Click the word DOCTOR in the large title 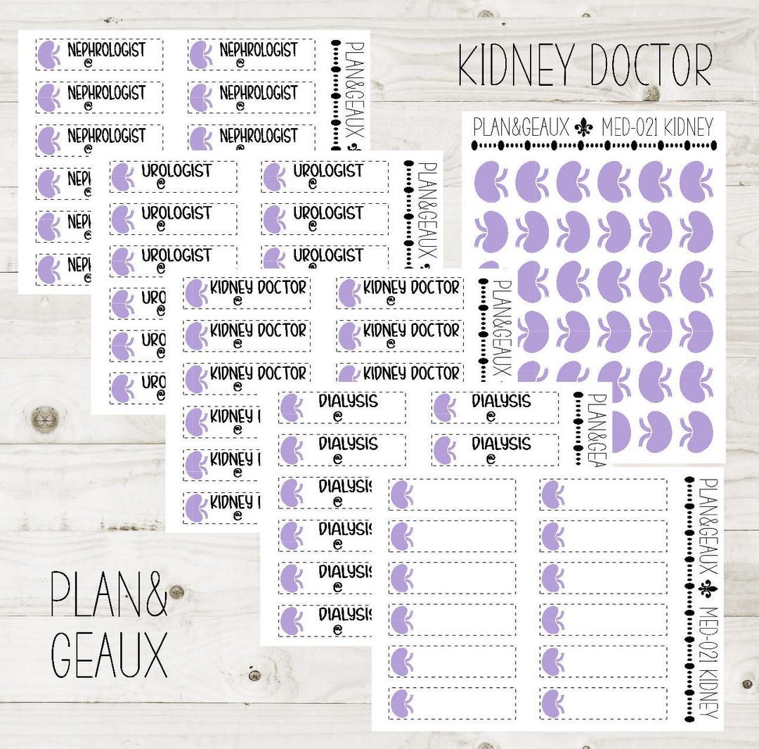point(651,66)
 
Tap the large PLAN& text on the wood point(109,592)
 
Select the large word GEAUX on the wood point(109,653)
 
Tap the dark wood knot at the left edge point(46,419)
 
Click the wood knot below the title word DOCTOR point(651,94)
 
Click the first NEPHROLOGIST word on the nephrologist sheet point(106,50)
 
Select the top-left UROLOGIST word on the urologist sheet point(176,171)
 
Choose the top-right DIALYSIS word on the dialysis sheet point(501,401)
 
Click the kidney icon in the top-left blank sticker point(401,494)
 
